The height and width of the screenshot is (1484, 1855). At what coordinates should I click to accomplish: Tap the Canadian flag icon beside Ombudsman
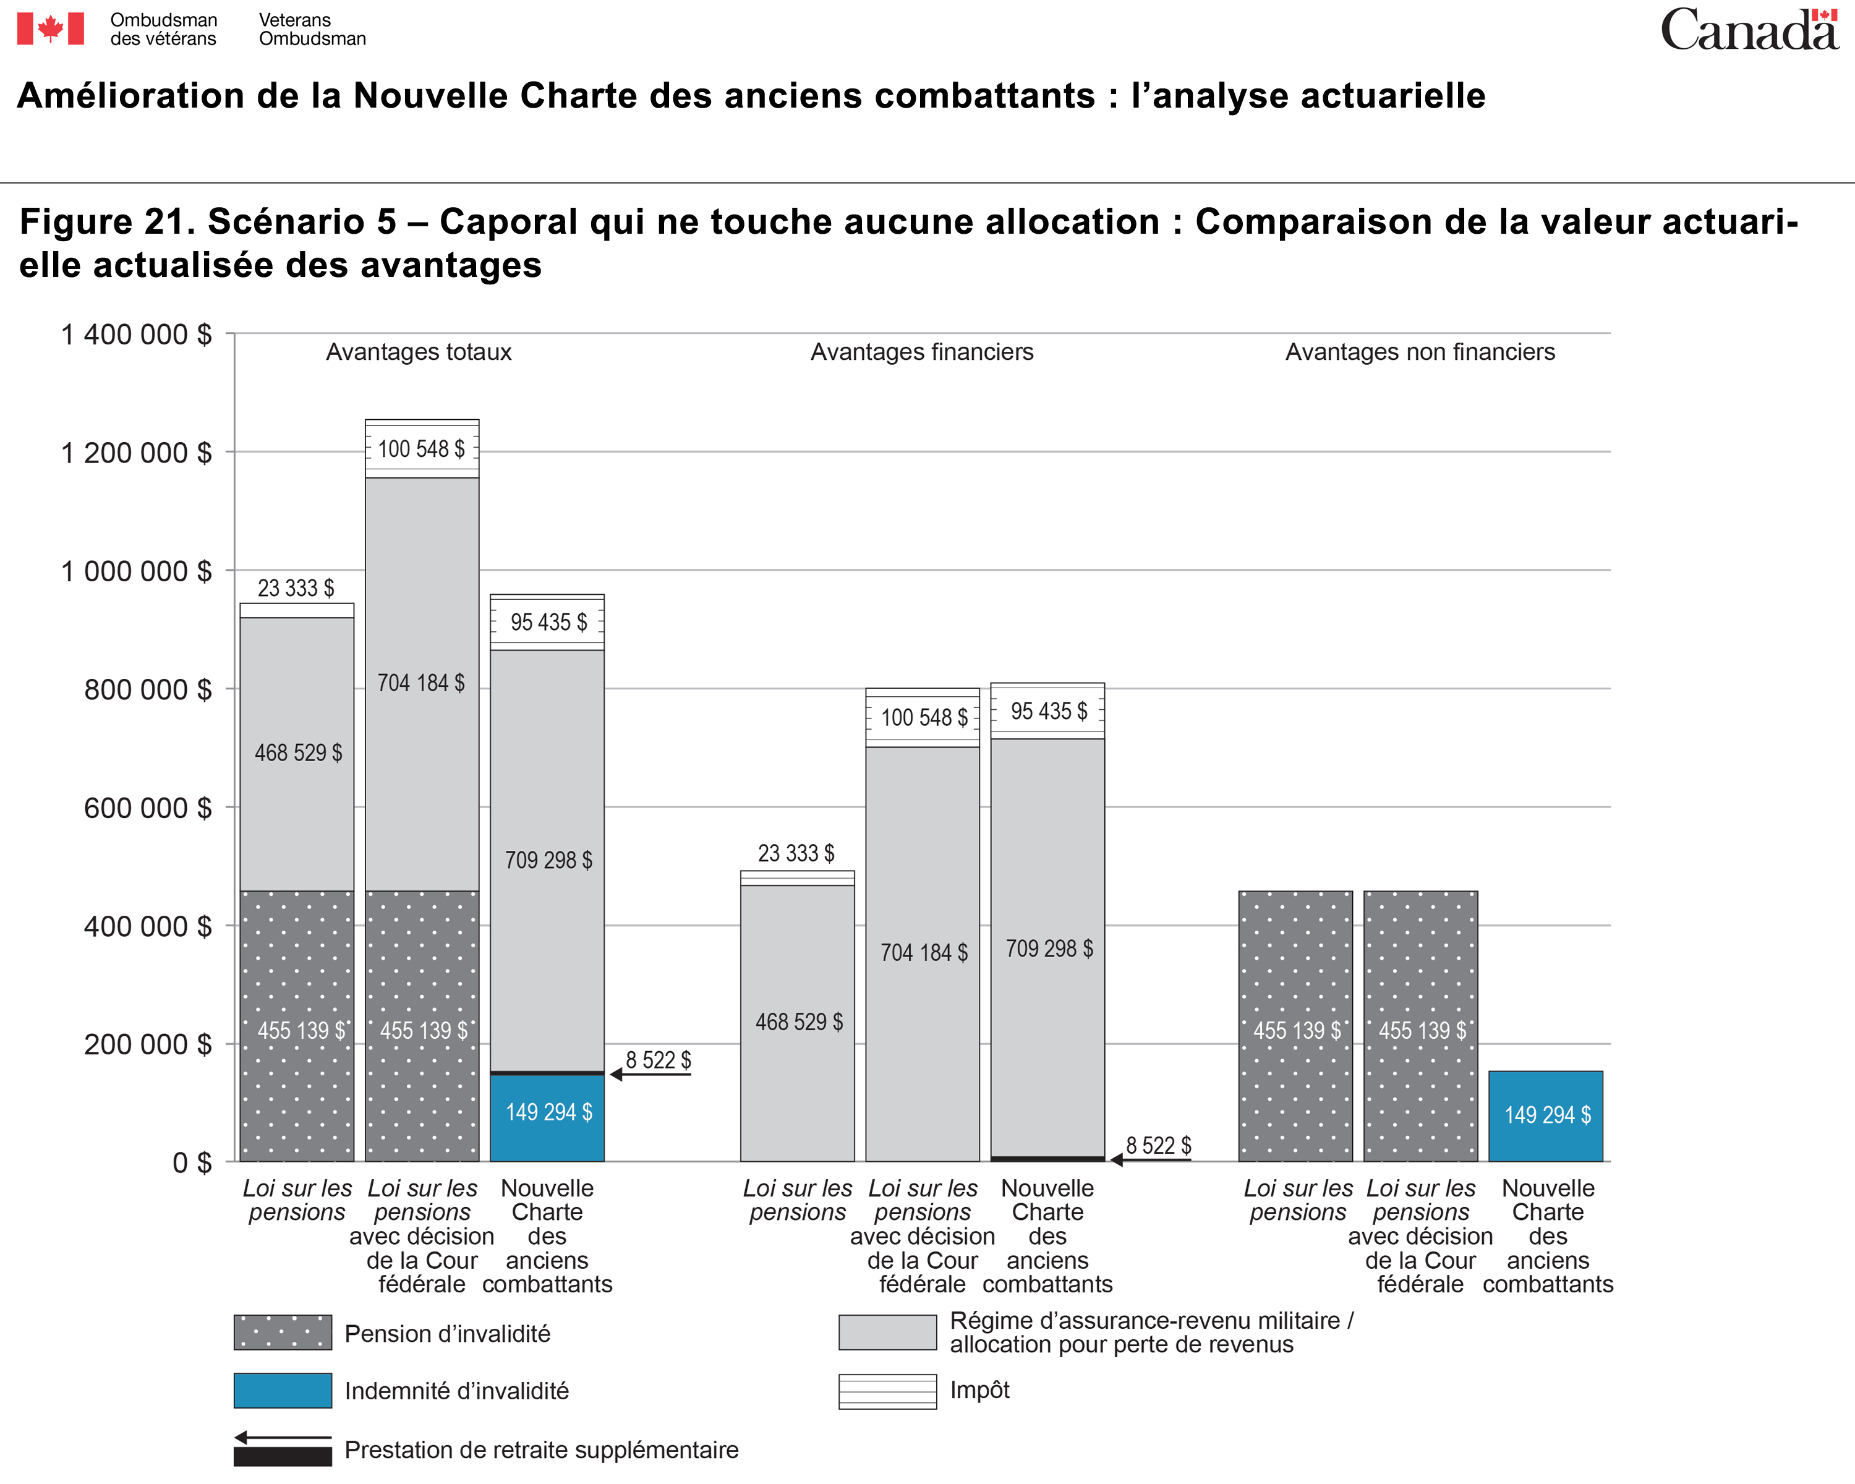coord(51,28)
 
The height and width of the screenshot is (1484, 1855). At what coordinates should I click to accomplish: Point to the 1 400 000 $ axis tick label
coord(136,334)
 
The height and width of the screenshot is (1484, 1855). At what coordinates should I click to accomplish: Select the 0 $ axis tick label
coord(192,1163)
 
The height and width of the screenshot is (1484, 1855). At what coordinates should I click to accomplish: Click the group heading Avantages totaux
coord(419,352)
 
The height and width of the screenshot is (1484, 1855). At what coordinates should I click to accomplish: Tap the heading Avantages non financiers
coord(1420,352)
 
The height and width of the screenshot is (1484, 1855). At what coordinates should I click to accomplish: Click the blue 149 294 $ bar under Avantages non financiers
coord(1546,1116)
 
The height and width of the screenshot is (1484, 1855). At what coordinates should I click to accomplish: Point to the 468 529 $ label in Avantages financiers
coord(800,1022)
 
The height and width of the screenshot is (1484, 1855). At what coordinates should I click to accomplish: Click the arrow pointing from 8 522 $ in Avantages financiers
coord(1150,1159)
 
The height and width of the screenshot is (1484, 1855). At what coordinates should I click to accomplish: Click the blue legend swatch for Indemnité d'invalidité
coord(283,1390)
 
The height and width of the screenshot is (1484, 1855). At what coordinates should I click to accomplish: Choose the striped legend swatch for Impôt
coord(888,1391)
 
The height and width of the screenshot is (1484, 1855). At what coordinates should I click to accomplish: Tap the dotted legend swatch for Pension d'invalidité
coord(283,1332)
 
